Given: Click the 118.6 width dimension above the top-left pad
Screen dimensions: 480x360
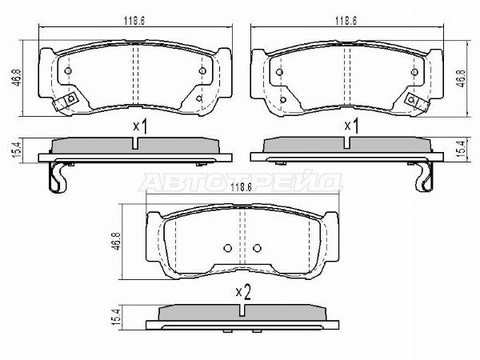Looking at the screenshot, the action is pyautogui.click(x=134, y=21).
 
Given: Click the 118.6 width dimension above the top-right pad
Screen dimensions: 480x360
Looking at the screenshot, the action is pyautogui.click(x=346, y=21).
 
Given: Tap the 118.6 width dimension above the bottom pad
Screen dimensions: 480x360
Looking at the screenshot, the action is pyautogui.click(x=241, y=187).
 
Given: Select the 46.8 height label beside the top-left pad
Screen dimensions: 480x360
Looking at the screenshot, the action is pyautogui.click(x=17, y=78).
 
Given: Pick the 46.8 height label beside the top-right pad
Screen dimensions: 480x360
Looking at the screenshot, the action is pyautogui.click(x=461, y=78).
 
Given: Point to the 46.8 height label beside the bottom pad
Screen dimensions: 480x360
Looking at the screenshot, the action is pyautogui.click(x=118, y=242).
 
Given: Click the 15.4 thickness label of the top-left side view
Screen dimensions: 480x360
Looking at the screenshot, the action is pyautogui.click(x=17, y=150).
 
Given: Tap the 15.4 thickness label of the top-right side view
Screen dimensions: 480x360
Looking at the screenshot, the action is pyautogui.click(x=461, y=149).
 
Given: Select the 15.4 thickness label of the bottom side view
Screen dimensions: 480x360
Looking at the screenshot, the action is pyautogui.click(x=117, y=317).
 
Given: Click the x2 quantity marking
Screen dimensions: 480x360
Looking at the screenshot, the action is pyautogui.click(x=243, y=293).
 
